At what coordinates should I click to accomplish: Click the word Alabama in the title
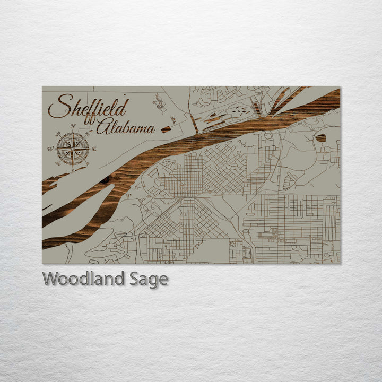126,127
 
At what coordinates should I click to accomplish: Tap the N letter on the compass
73,126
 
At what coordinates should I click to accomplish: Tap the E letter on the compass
94,149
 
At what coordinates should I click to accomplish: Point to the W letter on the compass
50,149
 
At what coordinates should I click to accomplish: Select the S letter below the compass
73,171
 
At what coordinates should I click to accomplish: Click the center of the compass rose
73,149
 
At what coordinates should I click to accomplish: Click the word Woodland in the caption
85,279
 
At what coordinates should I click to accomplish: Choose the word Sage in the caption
149,279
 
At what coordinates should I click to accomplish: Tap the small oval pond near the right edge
320,138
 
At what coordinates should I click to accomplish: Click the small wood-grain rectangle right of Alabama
166,129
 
